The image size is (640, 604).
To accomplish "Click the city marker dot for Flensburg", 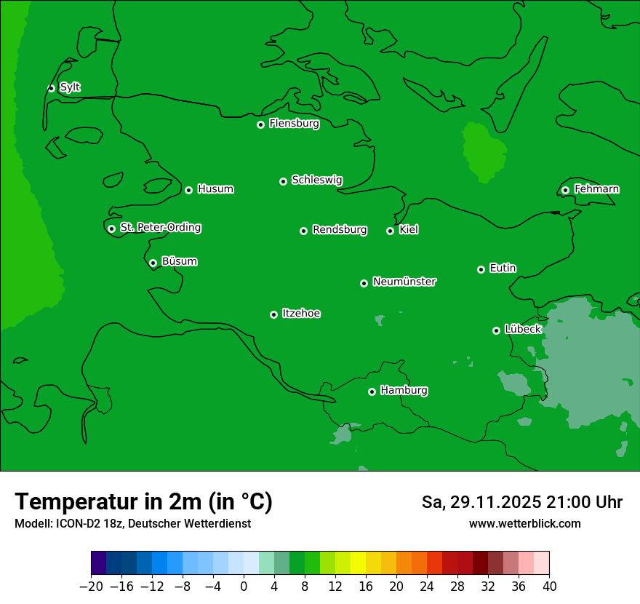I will [260, 124].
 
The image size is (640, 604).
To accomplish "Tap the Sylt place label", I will [70, 87].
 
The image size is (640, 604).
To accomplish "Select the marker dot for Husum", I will [188, 190].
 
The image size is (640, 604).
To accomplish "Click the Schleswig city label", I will [316, 180].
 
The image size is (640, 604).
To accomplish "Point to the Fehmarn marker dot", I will [565, 190].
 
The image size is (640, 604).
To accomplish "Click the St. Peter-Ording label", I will [160, 227].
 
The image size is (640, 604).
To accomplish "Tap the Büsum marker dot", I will [153, 263].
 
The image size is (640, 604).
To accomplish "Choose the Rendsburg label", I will [339, 230].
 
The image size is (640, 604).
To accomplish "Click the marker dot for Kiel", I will [390, 231].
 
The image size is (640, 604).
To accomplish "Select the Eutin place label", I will [503, 268].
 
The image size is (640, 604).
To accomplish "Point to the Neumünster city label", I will [404, 282].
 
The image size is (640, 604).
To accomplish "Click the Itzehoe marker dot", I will [273, 314].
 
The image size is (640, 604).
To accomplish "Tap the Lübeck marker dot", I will [496, 330].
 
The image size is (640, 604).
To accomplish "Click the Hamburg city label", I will [404, 390].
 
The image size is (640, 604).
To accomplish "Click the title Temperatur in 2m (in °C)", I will [143, 501].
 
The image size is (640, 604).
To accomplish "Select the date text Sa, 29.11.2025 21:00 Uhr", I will [521, 502].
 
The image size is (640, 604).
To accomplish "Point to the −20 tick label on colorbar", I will [92, 587].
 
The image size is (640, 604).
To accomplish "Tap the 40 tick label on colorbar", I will [549, 587].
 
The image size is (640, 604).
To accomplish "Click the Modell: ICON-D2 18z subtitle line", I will [132, 523].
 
